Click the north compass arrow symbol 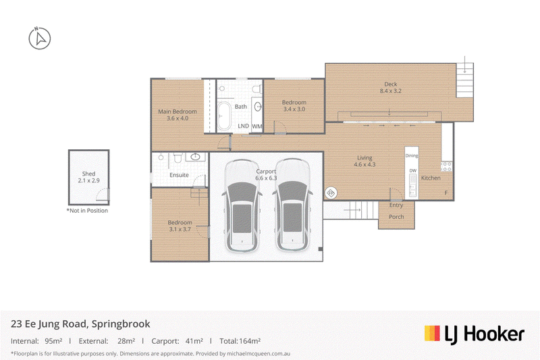pos(40,38)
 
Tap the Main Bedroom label pos(178,111)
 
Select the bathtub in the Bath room pos(224,115)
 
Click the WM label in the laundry pos(257,126)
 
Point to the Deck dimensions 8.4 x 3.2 pos(391,91)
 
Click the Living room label pos(364,158)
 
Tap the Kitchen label pos(431,178)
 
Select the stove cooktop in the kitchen pos(446,167)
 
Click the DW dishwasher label pos(412,170)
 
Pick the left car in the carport pos(242,205)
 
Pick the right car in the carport pos(293,205)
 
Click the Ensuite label pos(179,175)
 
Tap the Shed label pos(88,174)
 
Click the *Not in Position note pos(87,211)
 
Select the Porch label pos(396,217)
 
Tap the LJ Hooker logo pos(475,334)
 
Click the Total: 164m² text pos(240,341)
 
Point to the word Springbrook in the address pos(121,324)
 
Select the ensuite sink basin pos(195,157)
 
